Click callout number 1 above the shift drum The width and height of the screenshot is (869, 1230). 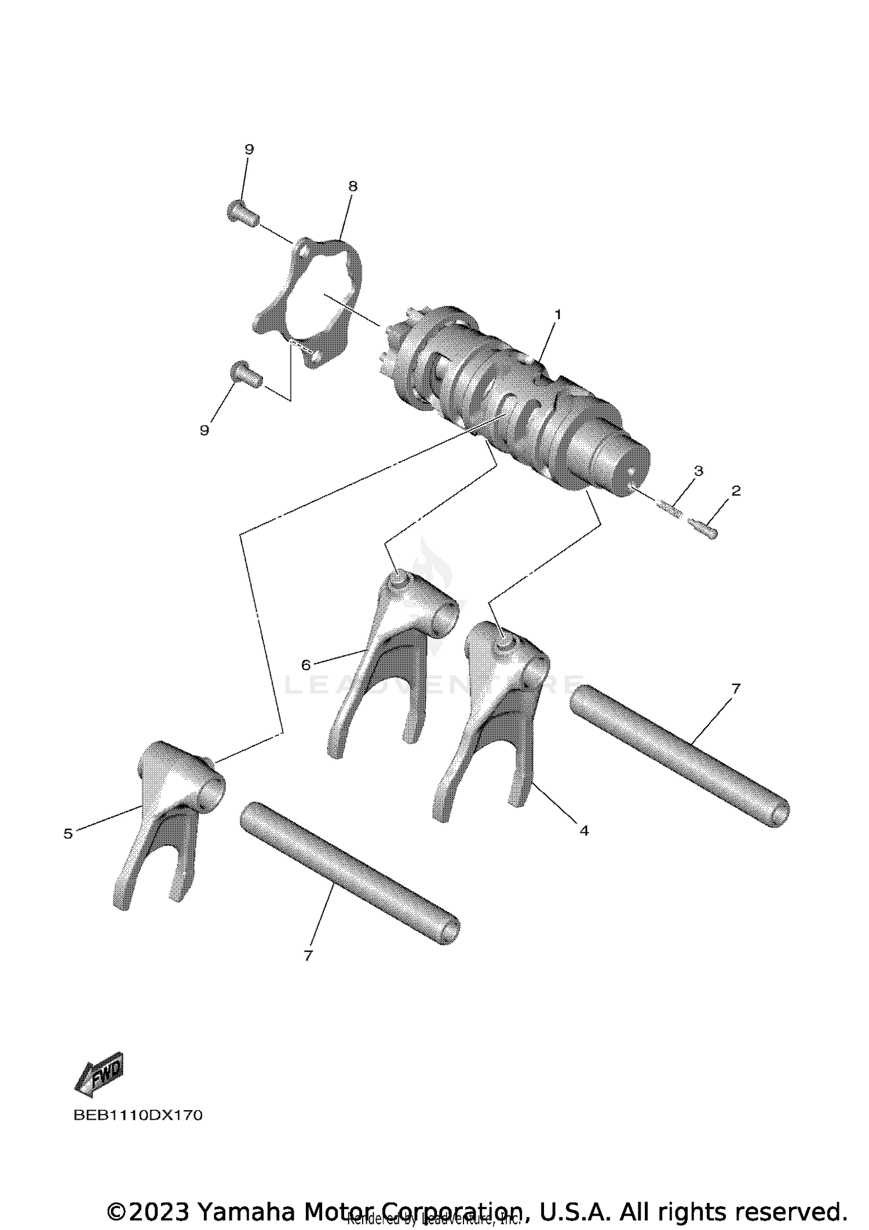(x=557, y=314)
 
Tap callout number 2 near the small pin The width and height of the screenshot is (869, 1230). (x=736, y=490)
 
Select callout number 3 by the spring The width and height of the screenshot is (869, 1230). (x=698, y=471)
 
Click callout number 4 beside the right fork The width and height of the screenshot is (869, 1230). (x=583, y=830)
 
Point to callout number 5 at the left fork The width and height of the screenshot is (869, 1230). (x=68, y=833)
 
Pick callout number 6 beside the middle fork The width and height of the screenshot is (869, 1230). (x=306, y=665)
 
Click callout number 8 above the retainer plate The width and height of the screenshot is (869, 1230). (x=353, y=186)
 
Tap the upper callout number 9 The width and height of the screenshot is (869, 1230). (x=249, y=149)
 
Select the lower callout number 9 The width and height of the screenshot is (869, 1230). (x=204, y=430)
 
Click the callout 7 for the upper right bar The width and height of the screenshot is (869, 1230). (x=735, y=689)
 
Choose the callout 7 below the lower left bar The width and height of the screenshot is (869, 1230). (x=308, y=955)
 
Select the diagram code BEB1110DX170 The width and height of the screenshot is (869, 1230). (x=138, y=1115)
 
